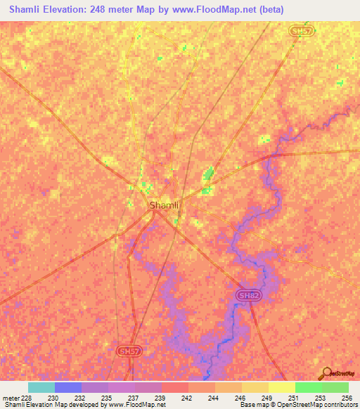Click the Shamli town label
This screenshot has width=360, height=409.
pos(164,205)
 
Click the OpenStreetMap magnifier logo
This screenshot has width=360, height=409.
pos(326,373)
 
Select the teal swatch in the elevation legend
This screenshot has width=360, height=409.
pos(41,387)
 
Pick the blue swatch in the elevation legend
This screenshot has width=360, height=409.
pos(68,387)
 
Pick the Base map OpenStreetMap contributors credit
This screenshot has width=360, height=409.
pos(296,405)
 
